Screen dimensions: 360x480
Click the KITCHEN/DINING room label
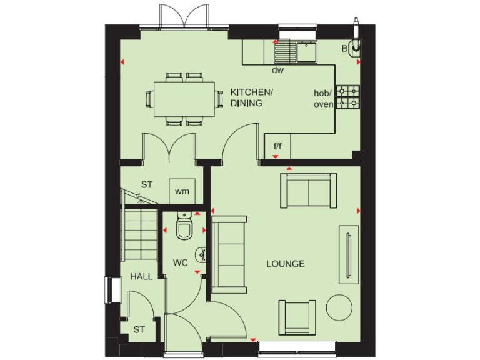252,97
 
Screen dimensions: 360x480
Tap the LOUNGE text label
286,264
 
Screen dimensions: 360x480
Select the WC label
181,263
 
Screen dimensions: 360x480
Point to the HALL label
141,276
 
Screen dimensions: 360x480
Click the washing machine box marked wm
182,191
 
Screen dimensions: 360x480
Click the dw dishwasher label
277,70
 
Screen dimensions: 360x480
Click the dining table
184,98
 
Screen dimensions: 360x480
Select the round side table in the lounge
339,307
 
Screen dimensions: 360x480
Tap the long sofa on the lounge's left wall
229,254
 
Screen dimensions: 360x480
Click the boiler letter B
344,47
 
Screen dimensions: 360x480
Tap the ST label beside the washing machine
146,185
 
